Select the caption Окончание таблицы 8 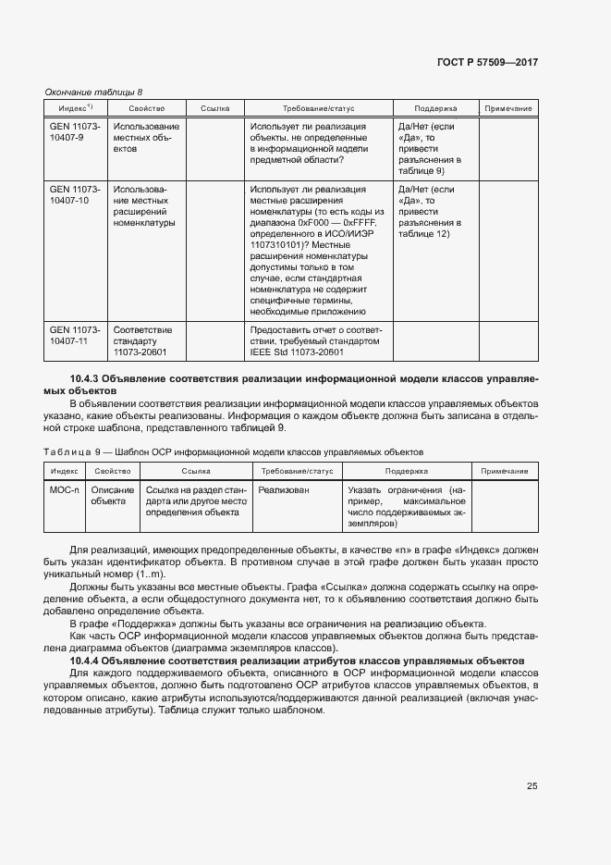pos(93,92)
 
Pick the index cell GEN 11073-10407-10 pos(74,194)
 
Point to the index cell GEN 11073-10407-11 pos(74,334)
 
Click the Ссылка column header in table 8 pos(214,108)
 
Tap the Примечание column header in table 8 pos(507,108)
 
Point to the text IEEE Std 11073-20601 pos(297,352)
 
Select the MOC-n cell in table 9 pos(65,489)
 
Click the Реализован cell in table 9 pos(284,489)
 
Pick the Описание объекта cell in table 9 pos(112,495)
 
